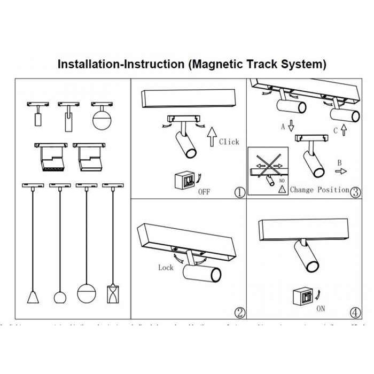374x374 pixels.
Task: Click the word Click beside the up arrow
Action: (x=229, y=142)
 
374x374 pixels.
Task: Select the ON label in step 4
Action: (x=321, y=308)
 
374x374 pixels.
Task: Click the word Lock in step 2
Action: (x=166, y=267)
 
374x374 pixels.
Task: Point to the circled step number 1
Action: (x=240, y=192)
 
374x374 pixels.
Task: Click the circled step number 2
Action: (x=240, y=313)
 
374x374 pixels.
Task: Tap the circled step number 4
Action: (x=355, y=313)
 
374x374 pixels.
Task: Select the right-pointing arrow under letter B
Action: (x=339, y=172)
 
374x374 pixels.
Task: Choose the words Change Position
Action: (x=320, y=190)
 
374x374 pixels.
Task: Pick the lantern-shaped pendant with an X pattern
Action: (x=112, y=294)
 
